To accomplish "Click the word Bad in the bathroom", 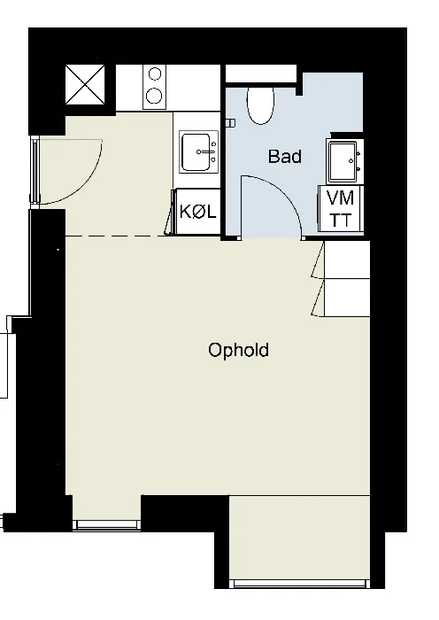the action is tap(284, 157).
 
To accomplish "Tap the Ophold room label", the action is tap(239, 351).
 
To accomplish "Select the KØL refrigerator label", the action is tap(198, 212).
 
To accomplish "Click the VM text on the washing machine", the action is tap(340, 198).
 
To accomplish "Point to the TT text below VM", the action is tap(340, 220).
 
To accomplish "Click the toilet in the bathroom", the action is tap(260, 105).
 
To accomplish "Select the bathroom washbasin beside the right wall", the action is tap(344, 161).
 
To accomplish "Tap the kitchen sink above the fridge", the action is tap(198, 151).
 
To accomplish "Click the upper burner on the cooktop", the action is tap(155, 74).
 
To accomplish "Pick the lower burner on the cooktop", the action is tap(155, 96).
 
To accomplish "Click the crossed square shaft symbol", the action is tap(85, 85).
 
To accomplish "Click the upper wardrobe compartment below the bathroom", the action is tap(347, 260).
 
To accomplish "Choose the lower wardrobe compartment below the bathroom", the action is tap(347, 298).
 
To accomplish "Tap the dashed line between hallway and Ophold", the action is tap(115, 236).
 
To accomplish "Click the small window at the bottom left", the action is tap(107, 524).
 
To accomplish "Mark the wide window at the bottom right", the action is tap(299, 584).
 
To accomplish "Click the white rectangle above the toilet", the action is tap(261, 74).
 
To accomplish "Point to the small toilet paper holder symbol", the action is tap(230, 123).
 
